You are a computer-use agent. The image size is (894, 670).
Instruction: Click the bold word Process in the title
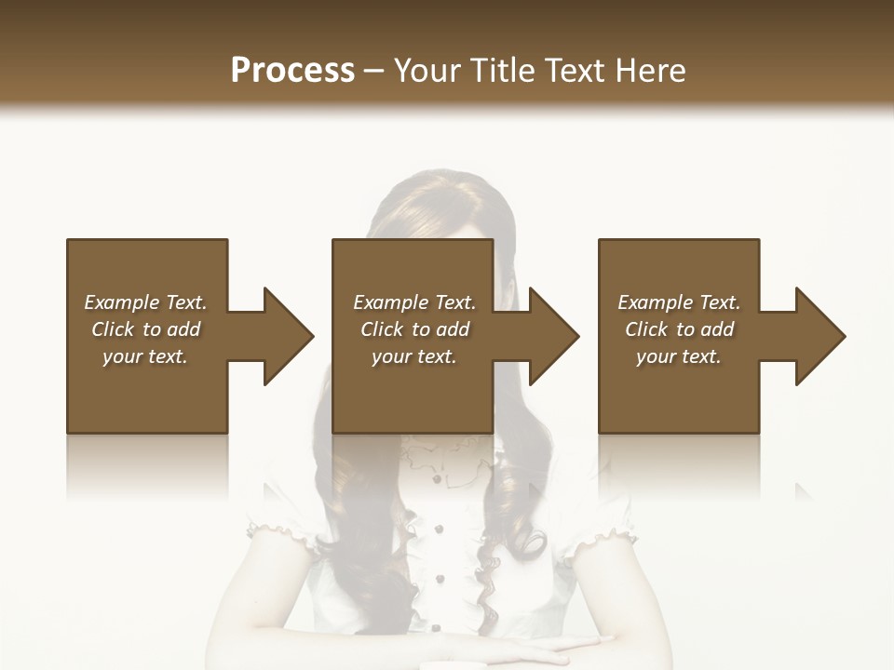tap(292, 71)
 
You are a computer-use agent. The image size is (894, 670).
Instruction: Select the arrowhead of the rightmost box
tap(819, 336)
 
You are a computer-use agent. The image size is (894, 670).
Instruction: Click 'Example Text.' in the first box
tap(145, 302)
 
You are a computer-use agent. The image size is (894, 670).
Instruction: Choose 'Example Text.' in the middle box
tap(414, 302)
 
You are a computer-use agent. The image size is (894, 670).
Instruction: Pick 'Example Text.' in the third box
tap(679, 302)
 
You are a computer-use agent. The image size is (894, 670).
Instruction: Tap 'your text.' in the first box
tap(145, 356)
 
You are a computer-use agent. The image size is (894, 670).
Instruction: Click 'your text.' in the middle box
tap(414, 356)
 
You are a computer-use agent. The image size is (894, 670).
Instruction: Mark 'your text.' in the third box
tap(679, 356)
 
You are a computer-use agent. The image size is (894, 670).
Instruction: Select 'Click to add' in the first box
tap(145, 329)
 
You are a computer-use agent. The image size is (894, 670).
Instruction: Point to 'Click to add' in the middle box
tap(414, 329)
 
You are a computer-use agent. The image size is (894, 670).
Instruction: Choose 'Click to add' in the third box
tap(679, 329)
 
